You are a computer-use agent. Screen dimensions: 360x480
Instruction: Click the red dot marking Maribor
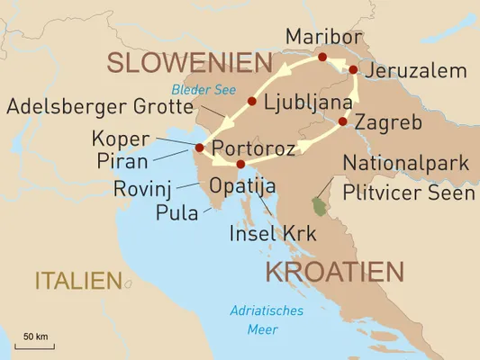click(322, 57)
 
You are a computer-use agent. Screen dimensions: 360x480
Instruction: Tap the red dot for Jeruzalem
click(354, 69)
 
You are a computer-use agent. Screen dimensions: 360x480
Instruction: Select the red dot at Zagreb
click(343, 121)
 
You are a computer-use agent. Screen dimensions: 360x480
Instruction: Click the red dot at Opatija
click(240, 164)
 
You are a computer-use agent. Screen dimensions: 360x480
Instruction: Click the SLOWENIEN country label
click(189, 63)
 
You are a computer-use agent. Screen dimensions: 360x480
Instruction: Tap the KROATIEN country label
click(334, 272)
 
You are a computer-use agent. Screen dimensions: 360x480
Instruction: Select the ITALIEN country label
click(77, 281)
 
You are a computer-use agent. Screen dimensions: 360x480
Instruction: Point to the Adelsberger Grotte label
click(99, 108)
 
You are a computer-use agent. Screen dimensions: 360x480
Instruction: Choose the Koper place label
click(116, 139)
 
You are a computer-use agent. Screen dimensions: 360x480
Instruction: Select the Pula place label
click(172, 212)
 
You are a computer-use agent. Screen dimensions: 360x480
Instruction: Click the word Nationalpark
click(408, 164)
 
